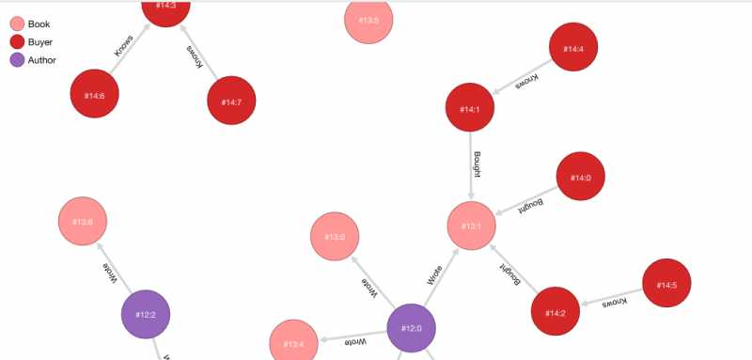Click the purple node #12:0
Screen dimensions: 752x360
412,329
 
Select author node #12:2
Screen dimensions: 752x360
146,315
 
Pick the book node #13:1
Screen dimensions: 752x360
471,227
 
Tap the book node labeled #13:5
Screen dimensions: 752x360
368,20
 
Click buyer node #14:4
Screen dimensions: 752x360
573,49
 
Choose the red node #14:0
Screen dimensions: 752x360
581,177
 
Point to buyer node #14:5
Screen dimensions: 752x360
666,285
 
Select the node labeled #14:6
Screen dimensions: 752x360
94,95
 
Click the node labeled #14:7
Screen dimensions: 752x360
231,101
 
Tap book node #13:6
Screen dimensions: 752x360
83,222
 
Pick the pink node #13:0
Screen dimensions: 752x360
336,238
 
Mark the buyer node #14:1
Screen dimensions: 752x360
470,109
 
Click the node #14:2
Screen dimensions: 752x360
556,311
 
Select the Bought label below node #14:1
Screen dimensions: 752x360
478,164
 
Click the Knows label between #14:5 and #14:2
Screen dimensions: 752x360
614,303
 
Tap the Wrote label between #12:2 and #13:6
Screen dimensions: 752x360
111,272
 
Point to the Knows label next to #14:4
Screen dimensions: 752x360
527,82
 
